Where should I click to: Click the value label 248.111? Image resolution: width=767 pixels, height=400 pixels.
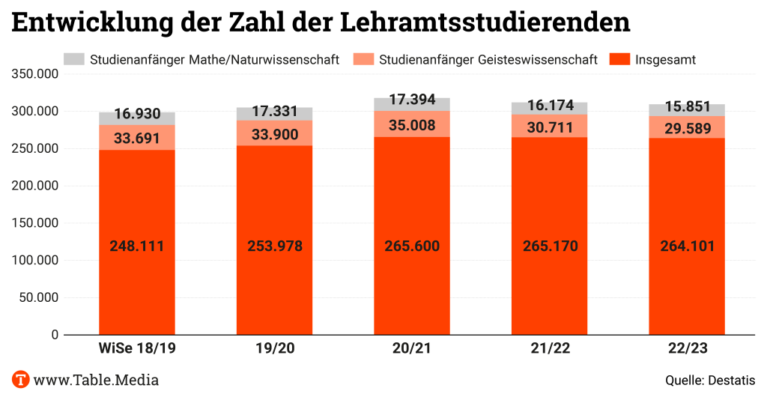coord(136,246)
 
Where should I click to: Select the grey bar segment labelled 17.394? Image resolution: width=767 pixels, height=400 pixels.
coord(412,104)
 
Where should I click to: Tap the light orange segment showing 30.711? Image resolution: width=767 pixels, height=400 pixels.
coord(549,126)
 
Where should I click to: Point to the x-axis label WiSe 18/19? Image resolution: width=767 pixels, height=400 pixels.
coord(137,348)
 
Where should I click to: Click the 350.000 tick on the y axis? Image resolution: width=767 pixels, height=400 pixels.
coord(34,74)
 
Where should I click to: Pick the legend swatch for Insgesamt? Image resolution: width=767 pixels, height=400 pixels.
coord(619,59)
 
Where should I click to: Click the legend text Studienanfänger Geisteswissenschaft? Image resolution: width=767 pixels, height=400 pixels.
coord(488,59)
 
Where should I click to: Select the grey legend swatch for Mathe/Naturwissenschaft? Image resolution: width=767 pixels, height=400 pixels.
coord(74,59)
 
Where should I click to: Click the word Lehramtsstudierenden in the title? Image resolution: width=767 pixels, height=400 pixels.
coord(485,22)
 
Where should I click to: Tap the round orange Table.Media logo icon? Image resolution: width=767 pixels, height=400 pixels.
coord(20,379)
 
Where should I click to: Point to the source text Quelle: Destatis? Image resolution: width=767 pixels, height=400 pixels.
coord(710,380)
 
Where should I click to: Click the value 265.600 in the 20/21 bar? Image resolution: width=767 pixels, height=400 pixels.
coord(412,246)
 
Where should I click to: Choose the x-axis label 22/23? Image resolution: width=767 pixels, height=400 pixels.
coord(687,348)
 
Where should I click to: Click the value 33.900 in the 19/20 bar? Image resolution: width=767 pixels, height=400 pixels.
coord(274,135)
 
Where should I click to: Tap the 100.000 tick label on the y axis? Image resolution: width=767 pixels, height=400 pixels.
coord(34,261)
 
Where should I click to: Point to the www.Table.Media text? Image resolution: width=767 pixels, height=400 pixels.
coord(96,380)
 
